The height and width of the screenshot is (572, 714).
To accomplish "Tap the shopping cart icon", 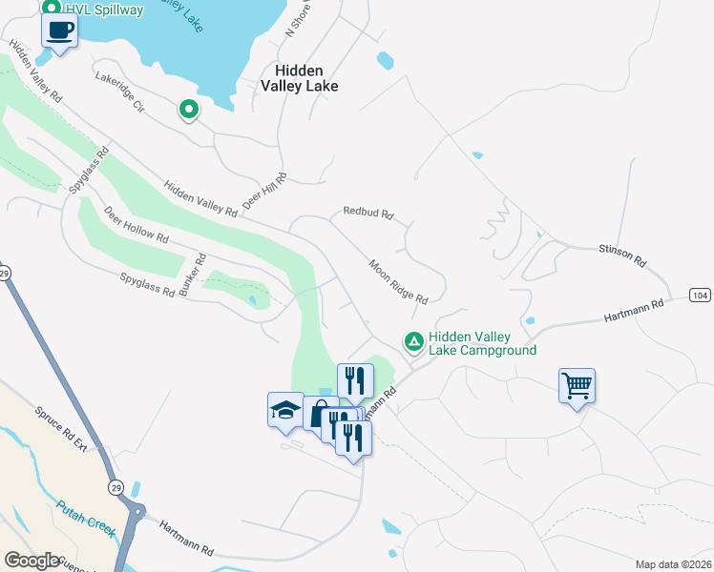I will point(577,386).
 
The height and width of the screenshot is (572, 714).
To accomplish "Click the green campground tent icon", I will point(413,340).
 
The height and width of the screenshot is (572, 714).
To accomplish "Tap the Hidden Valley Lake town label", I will point(300,78).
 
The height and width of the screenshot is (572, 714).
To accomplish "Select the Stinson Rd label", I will point(622,255).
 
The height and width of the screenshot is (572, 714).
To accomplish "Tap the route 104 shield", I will point(701,296).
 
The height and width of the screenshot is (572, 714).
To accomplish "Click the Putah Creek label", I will point(86,515).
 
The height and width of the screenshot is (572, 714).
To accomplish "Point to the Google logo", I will point(31,561).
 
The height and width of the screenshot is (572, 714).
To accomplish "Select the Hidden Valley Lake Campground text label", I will point(482,343).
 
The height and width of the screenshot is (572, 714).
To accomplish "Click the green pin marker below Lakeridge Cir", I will point(189,111).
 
